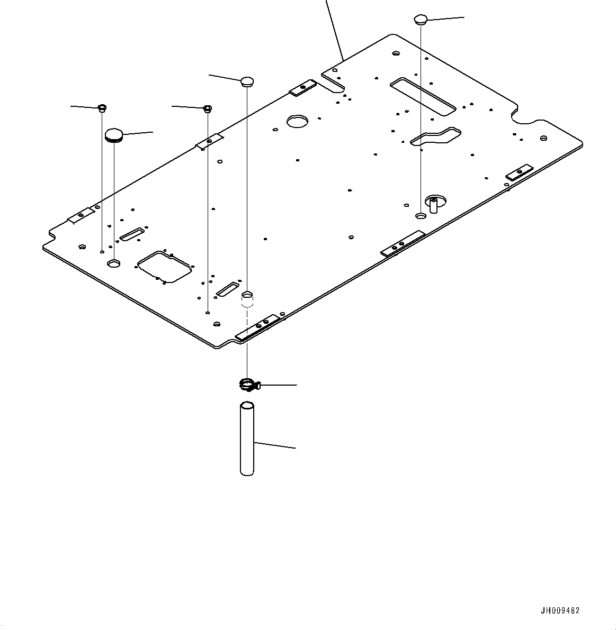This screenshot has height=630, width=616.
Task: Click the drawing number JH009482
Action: (x=560, y=610)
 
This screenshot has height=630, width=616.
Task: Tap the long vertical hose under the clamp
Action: (x=247, y=439)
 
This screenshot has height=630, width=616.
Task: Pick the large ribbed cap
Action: (x=114, y=135)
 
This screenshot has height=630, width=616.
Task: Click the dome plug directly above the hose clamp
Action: (x=247, y=81)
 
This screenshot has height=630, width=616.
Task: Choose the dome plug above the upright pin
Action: (x=420, y=20)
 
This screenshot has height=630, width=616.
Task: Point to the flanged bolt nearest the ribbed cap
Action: (x=102, y=108)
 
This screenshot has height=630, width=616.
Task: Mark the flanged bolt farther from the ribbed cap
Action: (x=208, y=109)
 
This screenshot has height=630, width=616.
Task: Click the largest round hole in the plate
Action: (x=297, y=121)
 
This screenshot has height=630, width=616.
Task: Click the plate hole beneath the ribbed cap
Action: (x=114, y=263)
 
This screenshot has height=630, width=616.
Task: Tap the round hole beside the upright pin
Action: (x=420, y=216)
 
